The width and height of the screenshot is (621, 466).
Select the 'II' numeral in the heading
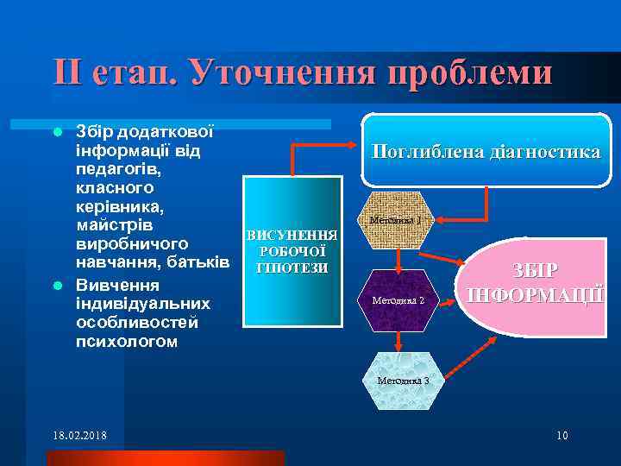(x=68, y=72)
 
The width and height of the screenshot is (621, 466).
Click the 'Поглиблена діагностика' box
(x=486, y=151)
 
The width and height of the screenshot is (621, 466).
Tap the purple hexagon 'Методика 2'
(x=397, y=300)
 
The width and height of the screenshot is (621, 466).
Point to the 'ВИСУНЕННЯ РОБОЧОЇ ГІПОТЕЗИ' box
(x=292, y=251)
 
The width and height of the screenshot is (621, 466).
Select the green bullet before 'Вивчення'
(x=58, y=286)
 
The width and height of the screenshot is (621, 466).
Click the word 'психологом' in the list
(x=128, y=342)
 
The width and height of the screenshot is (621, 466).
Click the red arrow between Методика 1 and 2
(x=397, y=259)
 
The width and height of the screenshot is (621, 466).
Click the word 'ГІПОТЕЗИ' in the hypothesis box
(x=292, y=268)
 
